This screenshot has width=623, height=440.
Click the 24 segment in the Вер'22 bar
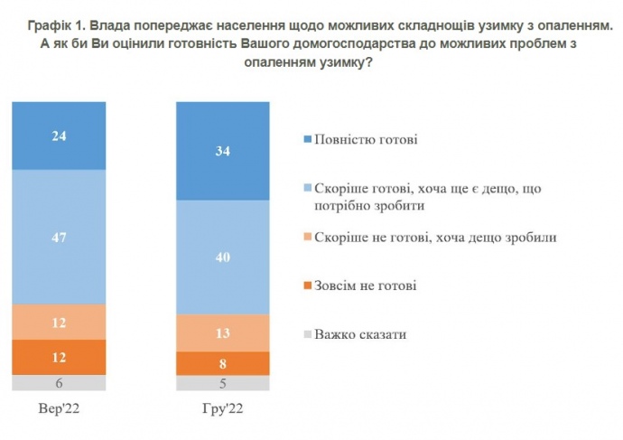tap(60, 136)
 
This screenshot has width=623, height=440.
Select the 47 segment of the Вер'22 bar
tap(60, 237)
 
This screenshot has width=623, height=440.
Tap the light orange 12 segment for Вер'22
tap(60, 322)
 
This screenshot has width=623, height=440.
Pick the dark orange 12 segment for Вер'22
tap(60, 357)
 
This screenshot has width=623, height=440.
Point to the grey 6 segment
tap(60, 382)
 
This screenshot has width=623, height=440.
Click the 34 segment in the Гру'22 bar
tap(223, 151)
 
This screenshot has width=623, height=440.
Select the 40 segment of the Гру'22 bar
tap(223, 257)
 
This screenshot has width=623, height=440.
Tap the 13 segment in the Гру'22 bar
tap(223, 332)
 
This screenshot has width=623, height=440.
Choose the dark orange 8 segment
tap(223, 363)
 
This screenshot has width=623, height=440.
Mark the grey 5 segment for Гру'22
tap(223, 383)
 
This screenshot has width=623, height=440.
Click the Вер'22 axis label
tap(60, 409)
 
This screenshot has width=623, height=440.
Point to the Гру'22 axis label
tap(223, 409)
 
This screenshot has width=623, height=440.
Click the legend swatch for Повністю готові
tap(308, 140)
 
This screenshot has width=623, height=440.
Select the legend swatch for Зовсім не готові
tap(308, 286)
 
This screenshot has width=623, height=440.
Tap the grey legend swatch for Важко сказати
tap(308, 334)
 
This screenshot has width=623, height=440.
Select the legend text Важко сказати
tap(360, 334)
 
